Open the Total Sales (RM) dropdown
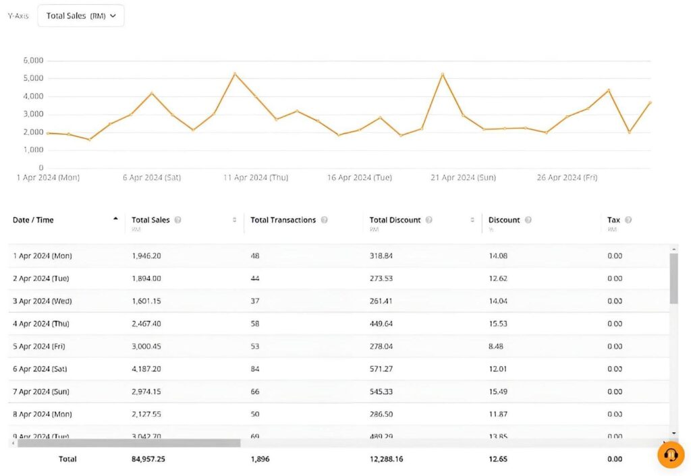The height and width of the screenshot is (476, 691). (81, 16)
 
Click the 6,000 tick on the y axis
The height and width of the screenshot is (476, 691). (33, 60)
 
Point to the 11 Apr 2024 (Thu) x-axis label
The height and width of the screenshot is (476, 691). (256, 177)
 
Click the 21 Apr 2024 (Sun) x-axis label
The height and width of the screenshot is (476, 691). (463, 177)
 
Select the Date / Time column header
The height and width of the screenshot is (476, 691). (33, 220)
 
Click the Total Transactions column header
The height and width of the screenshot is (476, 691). (283, 220)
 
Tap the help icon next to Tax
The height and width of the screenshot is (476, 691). (628, 220)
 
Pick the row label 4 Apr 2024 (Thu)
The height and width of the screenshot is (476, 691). (42, 324)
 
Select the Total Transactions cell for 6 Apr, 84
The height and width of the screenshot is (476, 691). (255, 369)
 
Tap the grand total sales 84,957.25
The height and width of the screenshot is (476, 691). (149, 459)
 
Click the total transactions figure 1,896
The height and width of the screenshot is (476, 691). (260, 459)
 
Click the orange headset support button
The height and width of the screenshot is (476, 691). (670, 455)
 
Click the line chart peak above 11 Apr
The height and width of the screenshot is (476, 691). (234, 73)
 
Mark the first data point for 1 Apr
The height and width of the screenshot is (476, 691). (48, 133)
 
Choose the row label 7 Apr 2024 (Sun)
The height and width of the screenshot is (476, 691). (42, 392)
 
